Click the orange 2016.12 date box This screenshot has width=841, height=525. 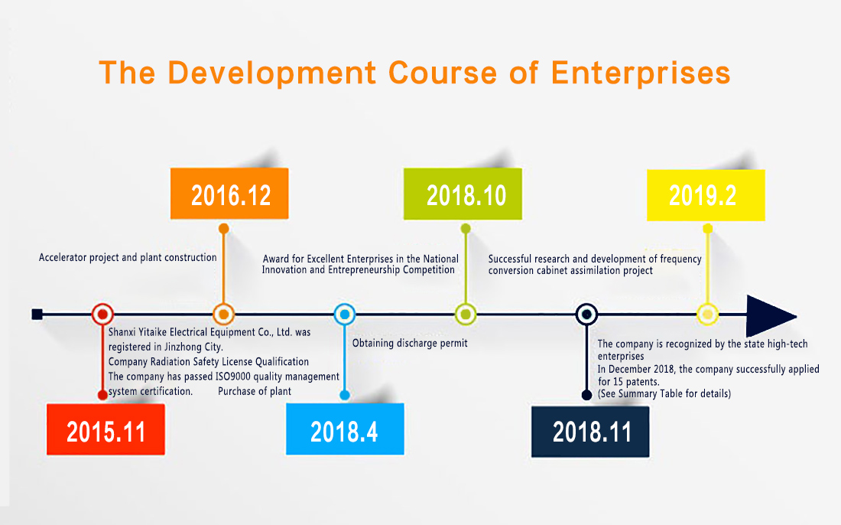(x=229, y=194)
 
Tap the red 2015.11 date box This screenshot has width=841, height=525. (x=106, y=429)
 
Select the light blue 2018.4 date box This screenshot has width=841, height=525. (x=345, y=429)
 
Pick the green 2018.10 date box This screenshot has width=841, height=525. (x=463, y=194)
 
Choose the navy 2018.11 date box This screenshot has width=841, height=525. (x=590, y=432)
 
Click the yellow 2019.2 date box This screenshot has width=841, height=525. (x=706, y=195)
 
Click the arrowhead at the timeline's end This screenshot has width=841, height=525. (x=771, y=315)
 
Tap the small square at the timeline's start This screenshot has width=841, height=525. (x=37, y=314)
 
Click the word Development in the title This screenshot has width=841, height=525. (x=272, y=73)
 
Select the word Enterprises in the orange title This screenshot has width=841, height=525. (x=641, y=73)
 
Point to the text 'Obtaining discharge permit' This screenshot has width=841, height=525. (x=410, y=343)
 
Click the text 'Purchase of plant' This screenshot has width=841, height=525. (x=255, y=391)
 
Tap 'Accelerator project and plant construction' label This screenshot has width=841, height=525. (x=128, y=258)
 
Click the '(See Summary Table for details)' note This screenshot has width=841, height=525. (x=664, y=393)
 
